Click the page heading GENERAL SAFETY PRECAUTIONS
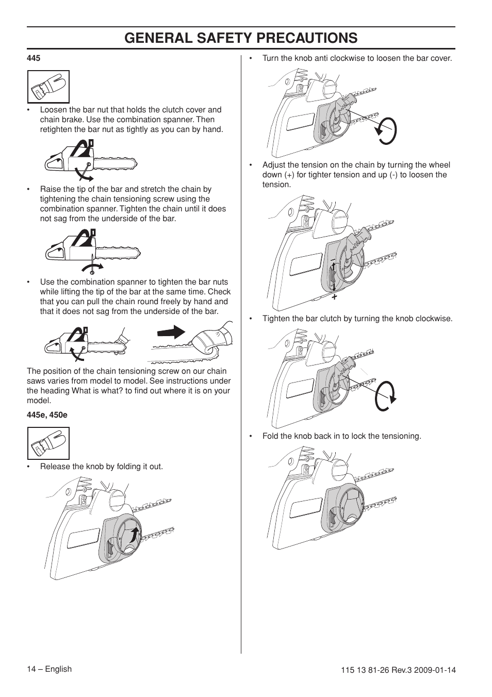click(241, 38)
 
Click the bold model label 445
click(34, 58)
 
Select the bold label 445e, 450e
click(47, 415)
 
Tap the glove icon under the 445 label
click(48, 87)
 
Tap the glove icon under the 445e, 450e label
click(48, 443)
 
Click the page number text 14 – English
click(49, 669)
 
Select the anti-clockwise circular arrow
click(385, 130)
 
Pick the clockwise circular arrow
click(386, 395)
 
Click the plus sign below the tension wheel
click(334, 297)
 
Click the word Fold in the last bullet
click(270, 436)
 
